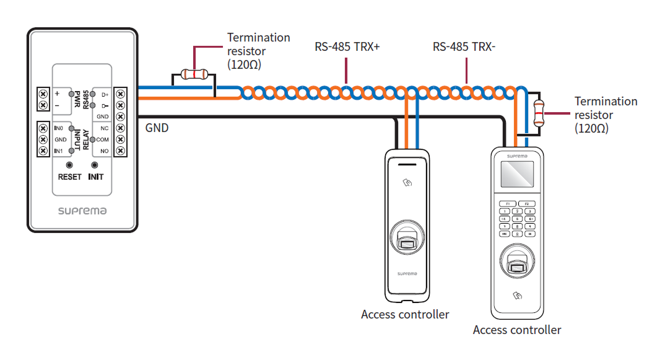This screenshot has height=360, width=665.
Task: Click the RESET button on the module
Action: tap(69, 165)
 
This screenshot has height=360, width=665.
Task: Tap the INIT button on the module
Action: tap(95, 165)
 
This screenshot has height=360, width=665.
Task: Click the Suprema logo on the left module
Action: tap(82, 211)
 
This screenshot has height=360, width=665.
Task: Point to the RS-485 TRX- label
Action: tap(464, 46)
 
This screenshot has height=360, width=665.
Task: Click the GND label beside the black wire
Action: tap(157, 128)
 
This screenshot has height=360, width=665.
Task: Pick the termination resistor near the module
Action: tap(194, 75)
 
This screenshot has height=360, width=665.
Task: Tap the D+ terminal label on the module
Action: tap(104, 94)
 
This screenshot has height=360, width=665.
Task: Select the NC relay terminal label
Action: tap(104, 128)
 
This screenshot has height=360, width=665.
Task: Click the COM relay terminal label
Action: tap(103, 140)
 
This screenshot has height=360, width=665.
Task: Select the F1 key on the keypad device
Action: tap(506, 203)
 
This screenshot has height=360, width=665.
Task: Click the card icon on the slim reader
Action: tap(407, 183)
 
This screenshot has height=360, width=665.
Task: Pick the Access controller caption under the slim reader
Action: tap(405, 314)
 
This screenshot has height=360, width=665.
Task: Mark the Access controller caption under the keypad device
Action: tap(517, 330)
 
